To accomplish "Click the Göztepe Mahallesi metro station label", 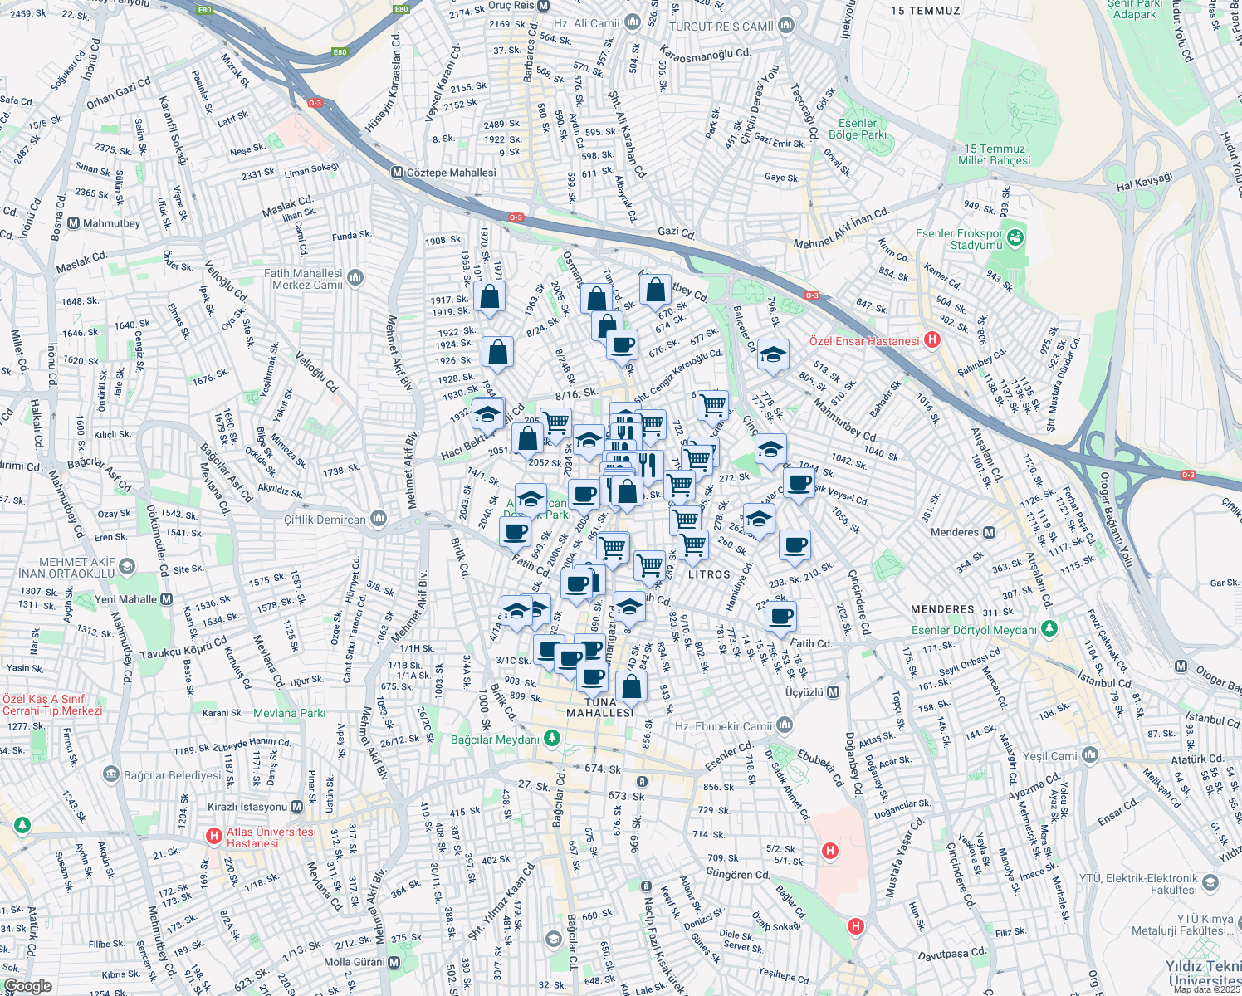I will pos(451,173).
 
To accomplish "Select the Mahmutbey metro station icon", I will pos(74,223).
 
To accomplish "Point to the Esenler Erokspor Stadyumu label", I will pos(959,239).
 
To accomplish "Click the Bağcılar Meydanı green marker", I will pos(551,738).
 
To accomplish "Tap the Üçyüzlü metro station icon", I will pos(834,692).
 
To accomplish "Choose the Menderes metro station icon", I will pos(989,532).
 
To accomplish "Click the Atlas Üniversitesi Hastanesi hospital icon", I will pos(213,836).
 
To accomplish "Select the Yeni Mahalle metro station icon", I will pos(167,599).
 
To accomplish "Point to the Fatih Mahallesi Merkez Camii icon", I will pos(356,277).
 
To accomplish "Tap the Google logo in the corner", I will pos(27,986).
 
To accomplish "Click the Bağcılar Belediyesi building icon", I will pos(111,774).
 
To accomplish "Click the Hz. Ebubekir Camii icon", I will pos(785,725).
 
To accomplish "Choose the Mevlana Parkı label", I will pos(289,713).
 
